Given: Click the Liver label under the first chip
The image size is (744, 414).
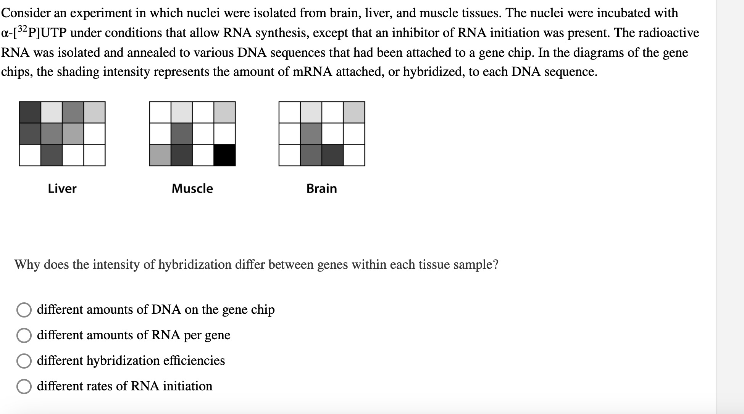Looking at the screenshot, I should coord(62,188).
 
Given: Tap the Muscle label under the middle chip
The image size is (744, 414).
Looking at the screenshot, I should coord(192,188).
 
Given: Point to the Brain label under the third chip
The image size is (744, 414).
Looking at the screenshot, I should coord(321,188).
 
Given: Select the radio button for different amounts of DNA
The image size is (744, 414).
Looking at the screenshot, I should coord(24,310).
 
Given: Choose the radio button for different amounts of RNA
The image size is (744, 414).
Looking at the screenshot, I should coord(24,335).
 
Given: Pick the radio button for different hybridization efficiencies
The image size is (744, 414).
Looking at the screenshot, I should coord(24,361).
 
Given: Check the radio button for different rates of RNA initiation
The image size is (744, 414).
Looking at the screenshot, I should coord(24,387).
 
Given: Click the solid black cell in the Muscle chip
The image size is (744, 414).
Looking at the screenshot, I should coord(224,155).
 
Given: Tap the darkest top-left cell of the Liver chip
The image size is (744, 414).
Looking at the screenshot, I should coord(30,112).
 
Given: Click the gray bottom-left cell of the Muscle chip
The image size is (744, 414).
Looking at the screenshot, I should coord(160,155).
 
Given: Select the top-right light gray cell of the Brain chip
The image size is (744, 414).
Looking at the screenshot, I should coord(354,112).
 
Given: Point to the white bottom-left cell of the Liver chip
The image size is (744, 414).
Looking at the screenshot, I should coord(30,155).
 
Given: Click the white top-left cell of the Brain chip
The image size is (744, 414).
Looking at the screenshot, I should coord(290,112).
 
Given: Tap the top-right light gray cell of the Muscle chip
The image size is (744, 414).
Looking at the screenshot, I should coord(224,112).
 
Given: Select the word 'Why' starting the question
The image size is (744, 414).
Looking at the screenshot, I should coord(27,264).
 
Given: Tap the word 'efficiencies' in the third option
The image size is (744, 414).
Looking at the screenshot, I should coord(194,360).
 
